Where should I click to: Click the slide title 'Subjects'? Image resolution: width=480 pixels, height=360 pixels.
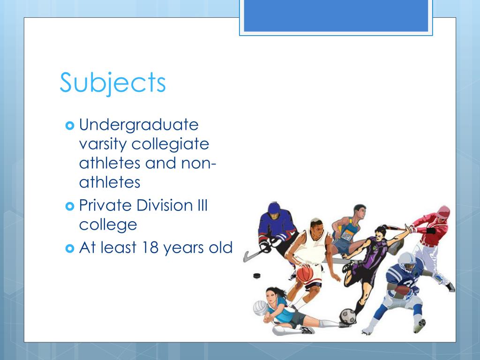click(112, 83)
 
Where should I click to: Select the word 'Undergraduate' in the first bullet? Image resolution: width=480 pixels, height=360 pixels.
click(139, 126)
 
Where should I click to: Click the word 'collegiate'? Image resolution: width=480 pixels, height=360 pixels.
click(170, 144)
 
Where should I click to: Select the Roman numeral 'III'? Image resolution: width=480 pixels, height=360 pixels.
click(200, 205)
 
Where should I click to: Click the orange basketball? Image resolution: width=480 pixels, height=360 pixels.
click(305, 274)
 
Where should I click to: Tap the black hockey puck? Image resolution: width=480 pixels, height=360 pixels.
click(256, 276)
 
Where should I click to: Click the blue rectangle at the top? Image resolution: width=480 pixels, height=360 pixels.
click(336, 15)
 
